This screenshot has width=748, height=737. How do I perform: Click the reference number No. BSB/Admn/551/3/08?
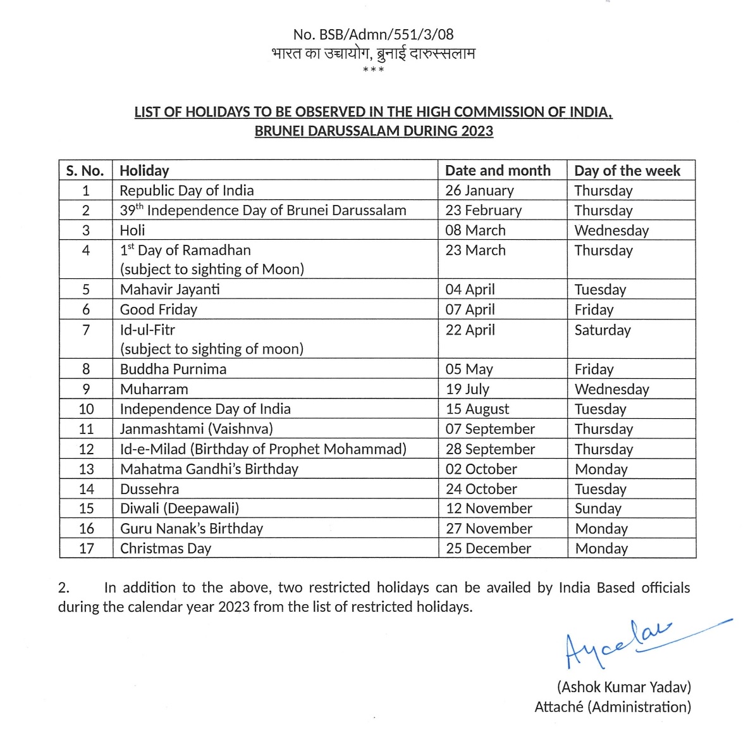coord(373,35)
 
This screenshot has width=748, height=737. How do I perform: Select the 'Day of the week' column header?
coord(627,171)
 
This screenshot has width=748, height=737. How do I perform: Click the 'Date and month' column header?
coord(498,171)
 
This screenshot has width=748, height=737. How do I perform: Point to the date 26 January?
coord(479,190)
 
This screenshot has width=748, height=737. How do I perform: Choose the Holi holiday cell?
coord(133,230)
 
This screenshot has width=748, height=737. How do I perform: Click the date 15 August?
coord(477,409)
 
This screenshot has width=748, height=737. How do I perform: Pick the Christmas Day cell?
coord(166,548)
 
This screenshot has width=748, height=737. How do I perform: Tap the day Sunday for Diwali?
coord(598,509)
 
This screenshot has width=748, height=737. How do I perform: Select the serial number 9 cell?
coord(86,389)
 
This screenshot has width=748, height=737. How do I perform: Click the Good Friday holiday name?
coord(159,309)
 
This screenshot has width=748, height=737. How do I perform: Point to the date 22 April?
coord(470,330)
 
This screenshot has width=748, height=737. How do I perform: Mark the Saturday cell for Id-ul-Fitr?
coord(602,330)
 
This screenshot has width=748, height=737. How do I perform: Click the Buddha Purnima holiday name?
coord(173,369)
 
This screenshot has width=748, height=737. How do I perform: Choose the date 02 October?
coord(481,469)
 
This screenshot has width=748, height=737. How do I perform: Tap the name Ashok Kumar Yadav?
coord(623,687)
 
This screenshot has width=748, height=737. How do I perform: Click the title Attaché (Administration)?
coord(613,707)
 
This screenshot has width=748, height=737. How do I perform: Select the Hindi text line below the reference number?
coord(373,54)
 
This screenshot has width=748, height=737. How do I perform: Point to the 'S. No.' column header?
coord(85,171)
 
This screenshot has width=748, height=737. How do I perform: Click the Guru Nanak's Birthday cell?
coord(192,529)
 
